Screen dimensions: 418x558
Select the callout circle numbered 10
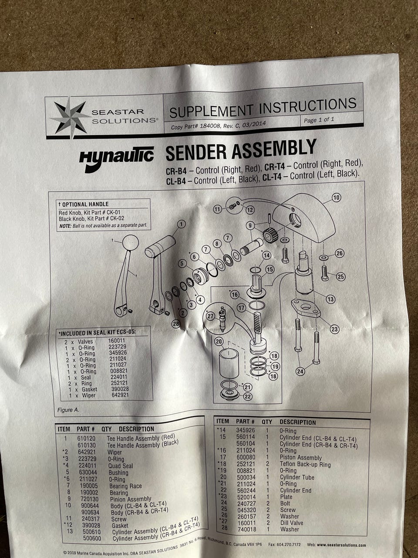pos(336,197)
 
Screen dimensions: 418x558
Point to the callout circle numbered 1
pos(181,224)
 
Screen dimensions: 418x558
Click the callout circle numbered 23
pos(334,330)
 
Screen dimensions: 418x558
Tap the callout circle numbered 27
pos(210,316)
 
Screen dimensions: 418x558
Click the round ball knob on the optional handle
pos(131,242)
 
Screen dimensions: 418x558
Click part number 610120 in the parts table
pos(87,438)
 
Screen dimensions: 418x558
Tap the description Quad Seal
pos(121,466)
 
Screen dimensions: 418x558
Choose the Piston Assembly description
pos(301,458)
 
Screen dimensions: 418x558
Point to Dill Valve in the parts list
pos(292,523)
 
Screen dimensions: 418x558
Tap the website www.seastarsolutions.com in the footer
pos(341,544)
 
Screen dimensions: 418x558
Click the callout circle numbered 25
pos(340,276)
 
